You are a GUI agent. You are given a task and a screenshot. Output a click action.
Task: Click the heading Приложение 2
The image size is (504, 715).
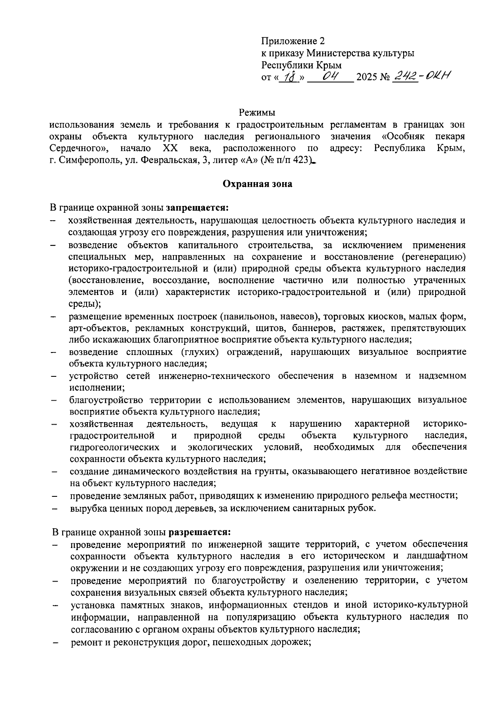pos(293,41)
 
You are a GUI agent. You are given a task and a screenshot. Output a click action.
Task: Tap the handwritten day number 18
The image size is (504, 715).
pos(289,77)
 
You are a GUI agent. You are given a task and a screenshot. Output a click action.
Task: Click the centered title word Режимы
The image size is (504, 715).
pos(257,113)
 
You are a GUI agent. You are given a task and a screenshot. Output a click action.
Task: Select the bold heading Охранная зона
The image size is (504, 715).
pos(257,184)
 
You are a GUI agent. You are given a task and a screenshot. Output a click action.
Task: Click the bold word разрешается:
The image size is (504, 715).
pos(199,532)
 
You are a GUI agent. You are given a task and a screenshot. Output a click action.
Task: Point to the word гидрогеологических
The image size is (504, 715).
pos(114,447)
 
